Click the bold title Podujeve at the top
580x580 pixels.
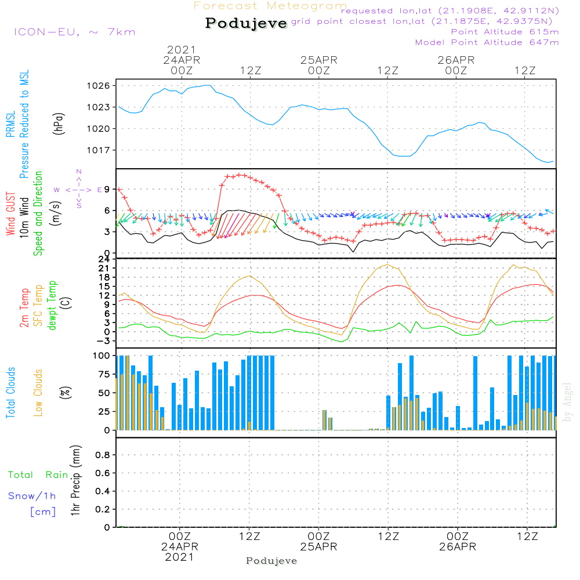pyautogui.click(x=246, y=23)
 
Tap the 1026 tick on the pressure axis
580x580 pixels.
pyautogui.click(x=100, y=86)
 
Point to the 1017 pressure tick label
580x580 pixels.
pyautogui.click(x=100, y=150)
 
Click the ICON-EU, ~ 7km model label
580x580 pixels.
pyautogui.click(x=74, y=32)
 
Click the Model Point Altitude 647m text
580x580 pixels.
pyautogui.click(x=487, y=42)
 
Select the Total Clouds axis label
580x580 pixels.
pyautogui.click(x=11, y=393)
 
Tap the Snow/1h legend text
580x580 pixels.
pyautogui.click(x=32, y=496)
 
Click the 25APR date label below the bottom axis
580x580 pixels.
pyautogui.click(x=318, y=547)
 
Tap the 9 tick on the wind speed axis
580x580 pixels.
pyautogui.click(x=108, y=189)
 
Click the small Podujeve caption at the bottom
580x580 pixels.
pyautogui.click(x=271, y=561)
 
